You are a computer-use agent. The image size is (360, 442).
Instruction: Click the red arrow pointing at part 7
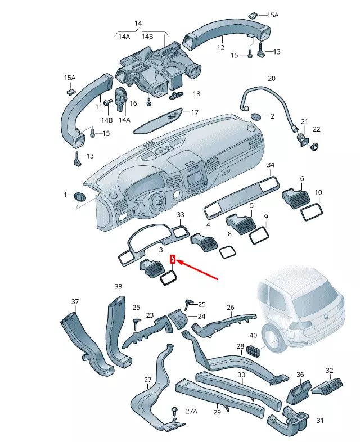[197, 269]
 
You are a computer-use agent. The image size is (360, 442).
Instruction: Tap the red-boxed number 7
[173, 260]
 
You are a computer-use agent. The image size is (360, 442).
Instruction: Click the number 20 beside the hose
[271, 78]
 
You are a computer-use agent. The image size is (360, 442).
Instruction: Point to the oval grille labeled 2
[255, 117]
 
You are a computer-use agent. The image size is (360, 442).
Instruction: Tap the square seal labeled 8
[227, 251]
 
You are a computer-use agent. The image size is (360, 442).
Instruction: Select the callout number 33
[180, 215]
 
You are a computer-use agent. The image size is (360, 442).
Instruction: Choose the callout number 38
[118, 287]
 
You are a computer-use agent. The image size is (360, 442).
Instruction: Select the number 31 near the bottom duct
[320, 421]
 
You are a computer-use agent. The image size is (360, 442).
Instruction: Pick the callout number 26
[230, 308]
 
